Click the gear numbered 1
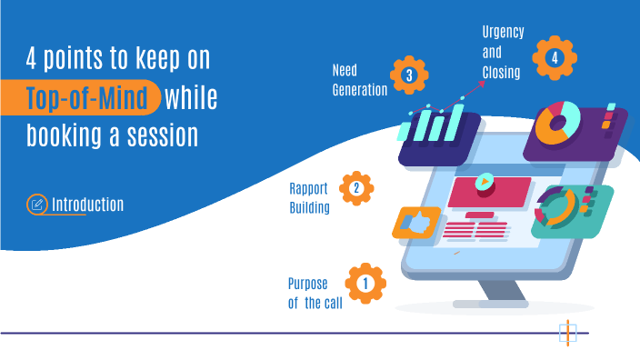(x=365, y=283)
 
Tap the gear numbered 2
(x=355, y=189)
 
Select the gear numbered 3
(x=409, y=75)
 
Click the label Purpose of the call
(x=315, y=293)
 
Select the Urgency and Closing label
(x=503, y=53)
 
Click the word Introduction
(x=87, y=204)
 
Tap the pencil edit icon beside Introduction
(x=37, y=204)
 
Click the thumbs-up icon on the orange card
(x=416, y=221)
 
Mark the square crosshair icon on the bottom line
(x=567, y=333)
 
